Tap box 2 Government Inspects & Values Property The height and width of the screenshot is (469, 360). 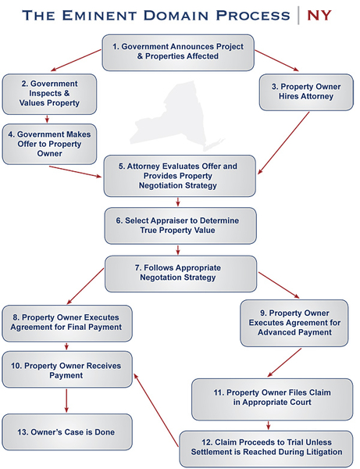click(49, 93)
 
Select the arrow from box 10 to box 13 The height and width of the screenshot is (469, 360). click(66, 399)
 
